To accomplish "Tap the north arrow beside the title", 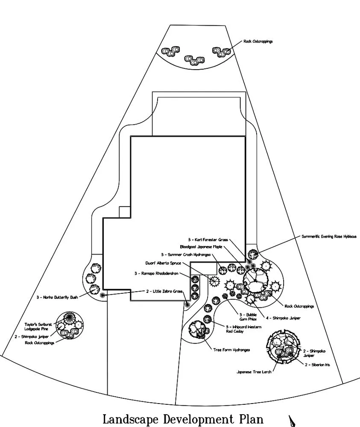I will (293, 421).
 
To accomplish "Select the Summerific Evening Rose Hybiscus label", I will (328, 236).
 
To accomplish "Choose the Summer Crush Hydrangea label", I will (185, 254).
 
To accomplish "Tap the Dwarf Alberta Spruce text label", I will (164, 263).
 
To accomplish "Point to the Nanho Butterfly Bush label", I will (57, 297).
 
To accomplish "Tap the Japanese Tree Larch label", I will (254, 372).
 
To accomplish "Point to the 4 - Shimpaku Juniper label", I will (283, 318).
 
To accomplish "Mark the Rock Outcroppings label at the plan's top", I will (258, 41).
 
